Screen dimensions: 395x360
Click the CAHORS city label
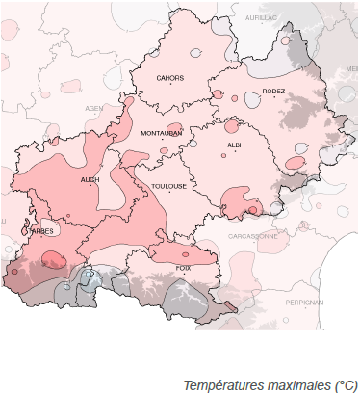(x=170, y=78)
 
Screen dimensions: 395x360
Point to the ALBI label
(x=234, y=145)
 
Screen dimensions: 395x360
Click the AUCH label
(x=90, y=179)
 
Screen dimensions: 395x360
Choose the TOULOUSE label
(x=168, y=186)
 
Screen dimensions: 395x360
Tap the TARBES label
(x=42, y=231)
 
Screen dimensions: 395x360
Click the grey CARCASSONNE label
(x=253, y=235)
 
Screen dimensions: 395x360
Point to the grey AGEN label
(x=93, y=108)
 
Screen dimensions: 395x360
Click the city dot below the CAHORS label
(x=170, y=86)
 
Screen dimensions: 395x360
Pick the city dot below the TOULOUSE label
(x=168, y=194)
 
